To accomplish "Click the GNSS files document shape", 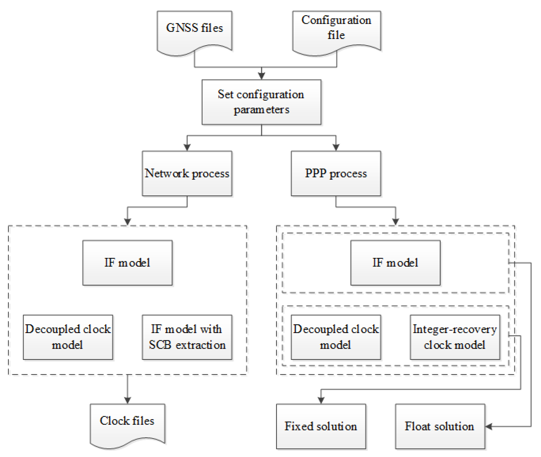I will (194, 30).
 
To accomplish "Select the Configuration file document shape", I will (336, 30).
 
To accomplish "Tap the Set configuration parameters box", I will (261, 102).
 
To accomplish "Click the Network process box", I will (187, 173).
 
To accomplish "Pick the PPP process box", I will (336, 173).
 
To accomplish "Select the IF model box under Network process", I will (127, 263).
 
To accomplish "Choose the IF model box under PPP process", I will (395, 263).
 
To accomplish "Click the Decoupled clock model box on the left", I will (68, 337).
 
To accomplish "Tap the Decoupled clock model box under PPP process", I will (336, 337).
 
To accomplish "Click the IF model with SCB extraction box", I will (187, 337).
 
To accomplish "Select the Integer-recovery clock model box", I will (455, 337).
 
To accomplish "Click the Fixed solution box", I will (321, 426).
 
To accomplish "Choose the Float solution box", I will (440, 426).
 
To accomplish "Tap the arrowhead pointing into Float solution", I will (489, 427).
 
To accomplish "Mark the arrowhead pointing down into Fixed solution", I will (321, 400).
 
